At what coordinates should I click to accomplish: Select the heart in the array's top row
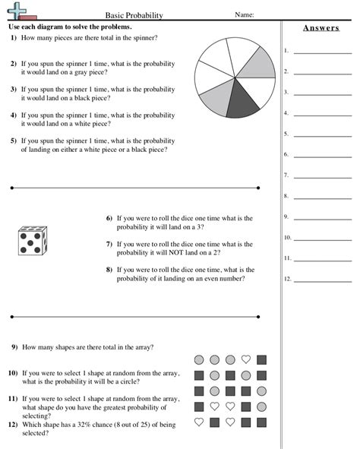[x=245, y=359]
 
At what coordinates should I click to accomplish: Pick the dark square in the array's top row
[x=261, y=359]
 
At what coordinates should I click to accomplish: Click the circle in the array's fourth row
[x=261, y=406]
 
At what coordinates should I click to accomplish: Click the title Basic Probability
[x=130, y=14]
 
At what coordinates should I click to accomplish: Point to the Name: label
[x=244, y=14]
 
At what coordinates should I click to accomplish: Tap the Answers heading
[x=320, y=28]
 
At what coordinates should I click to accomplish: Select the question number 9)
[x=14, y=347]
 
